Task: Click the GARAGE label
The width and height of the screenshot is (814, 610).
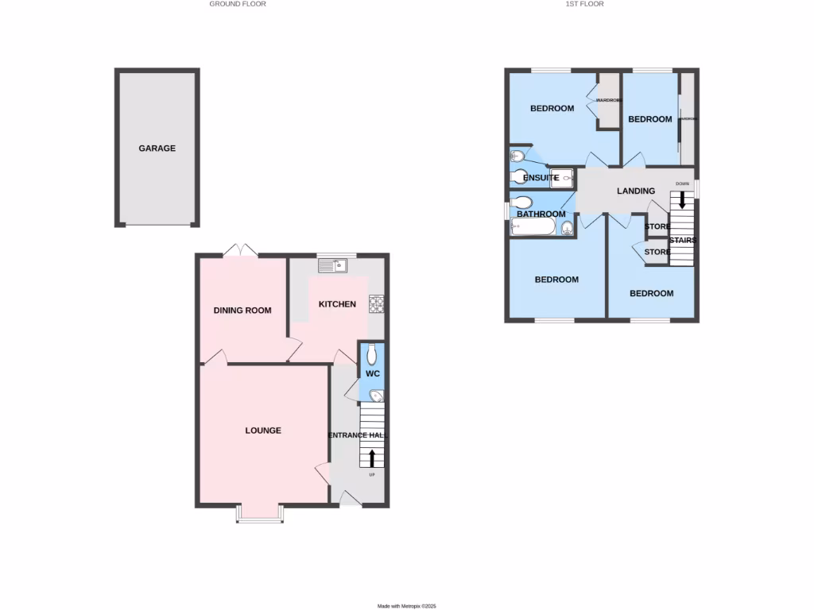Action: [157, 149]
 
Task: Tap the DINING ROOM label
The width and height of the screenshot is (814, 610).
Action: [242, 311]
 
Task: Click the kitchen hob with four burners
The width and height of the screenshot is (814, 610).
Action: [376, 304]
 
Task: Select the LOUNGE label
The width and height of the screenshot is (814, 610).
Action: [263, 430]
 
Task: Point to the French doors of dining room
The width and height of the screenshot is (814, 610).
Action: [240, 250]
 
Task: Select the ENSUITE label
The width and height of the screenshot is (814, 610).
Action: [540, 178]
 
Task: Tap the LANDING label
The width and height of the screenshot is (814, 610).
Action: [636, 191]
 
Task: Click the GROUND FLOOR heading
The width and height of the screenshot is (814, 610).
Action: [238, 4]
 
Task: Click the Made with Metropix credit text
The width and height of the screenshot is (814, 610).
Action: [407, 605]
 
